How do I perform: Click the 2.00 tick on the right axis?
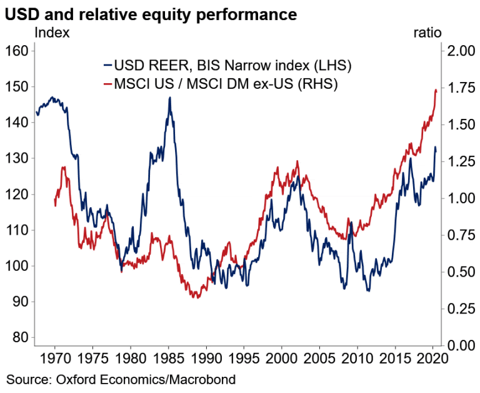(461, 51)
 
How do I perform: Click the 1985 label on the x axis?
(168, 359)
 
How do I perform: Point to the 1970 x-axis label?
(55, 359)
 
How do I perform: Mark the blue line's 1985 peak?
(169, 98)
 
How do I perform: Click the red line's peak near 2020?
(435, 90)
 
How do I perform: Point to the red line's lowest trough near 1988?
(197, 297)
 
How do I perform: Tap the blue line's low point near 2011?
(369, 291)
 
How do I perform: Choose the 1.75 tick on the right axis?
(461, 88)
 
